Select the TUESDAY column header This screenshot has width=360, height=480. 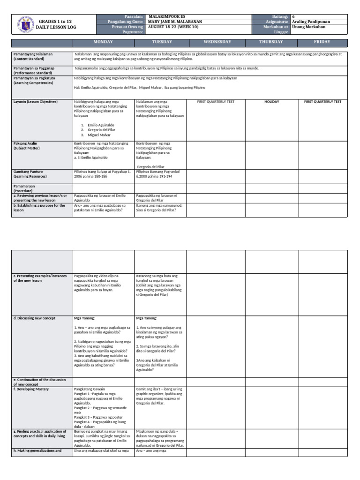(160, 42)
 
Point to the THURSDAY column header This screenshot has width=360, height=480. (271, 42)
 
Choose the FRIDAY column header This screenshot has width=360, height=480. (322, 42)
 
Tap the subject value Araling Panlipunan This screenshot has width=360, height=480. (311, 22)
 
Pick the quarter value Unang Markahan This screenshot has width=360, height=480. (308, 27)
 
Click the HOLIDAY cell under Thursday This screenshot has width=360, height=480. (271, 101)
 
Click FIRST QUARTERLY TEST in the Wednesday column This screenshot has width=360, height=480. (216, 101)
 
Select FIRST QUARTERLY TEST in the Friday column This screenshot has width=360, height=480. (323, 101)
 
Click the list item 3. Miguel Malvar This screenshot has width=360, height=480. (97, 135)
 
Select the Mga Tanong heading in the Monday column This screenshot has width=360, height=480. (83, 318)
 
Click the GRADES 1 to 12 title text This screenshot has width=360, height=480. (55, 22)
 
